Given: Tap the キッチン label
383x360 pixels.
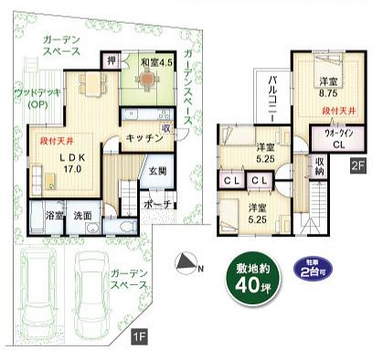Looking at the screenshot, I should pyautogui.click(x=144, y=137).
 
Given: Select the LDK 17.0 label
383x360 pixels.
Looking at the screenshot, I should pyautogui.click(x=72, y=162).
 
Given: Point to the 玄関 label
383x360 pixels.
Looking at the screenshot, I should pyautogui.click(x=157, y=171).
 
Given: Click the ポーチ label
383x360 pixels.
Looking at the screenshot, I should pyautogui.click(x=157, y=204).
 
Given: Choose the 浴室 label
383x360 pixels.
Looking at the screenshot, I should pyautogui.click(x=54, y=217).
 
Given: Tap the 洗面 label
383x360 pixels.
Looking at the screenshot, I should pyautogui.click(x=83, y=217).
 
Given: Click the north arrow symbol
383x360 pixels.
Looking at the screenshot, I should pyautogui.click(x=190, y=265).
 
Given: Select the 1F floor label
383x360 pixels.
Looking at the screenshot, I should pyautogui.click(x=138, y=338).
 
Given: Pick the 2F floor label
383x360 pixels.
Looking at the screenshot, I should pyautogui.click(x=359, y=165).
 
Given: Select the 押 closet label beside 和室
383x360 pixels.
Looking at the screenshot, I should pyautogui.click(x=111, y=61).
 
